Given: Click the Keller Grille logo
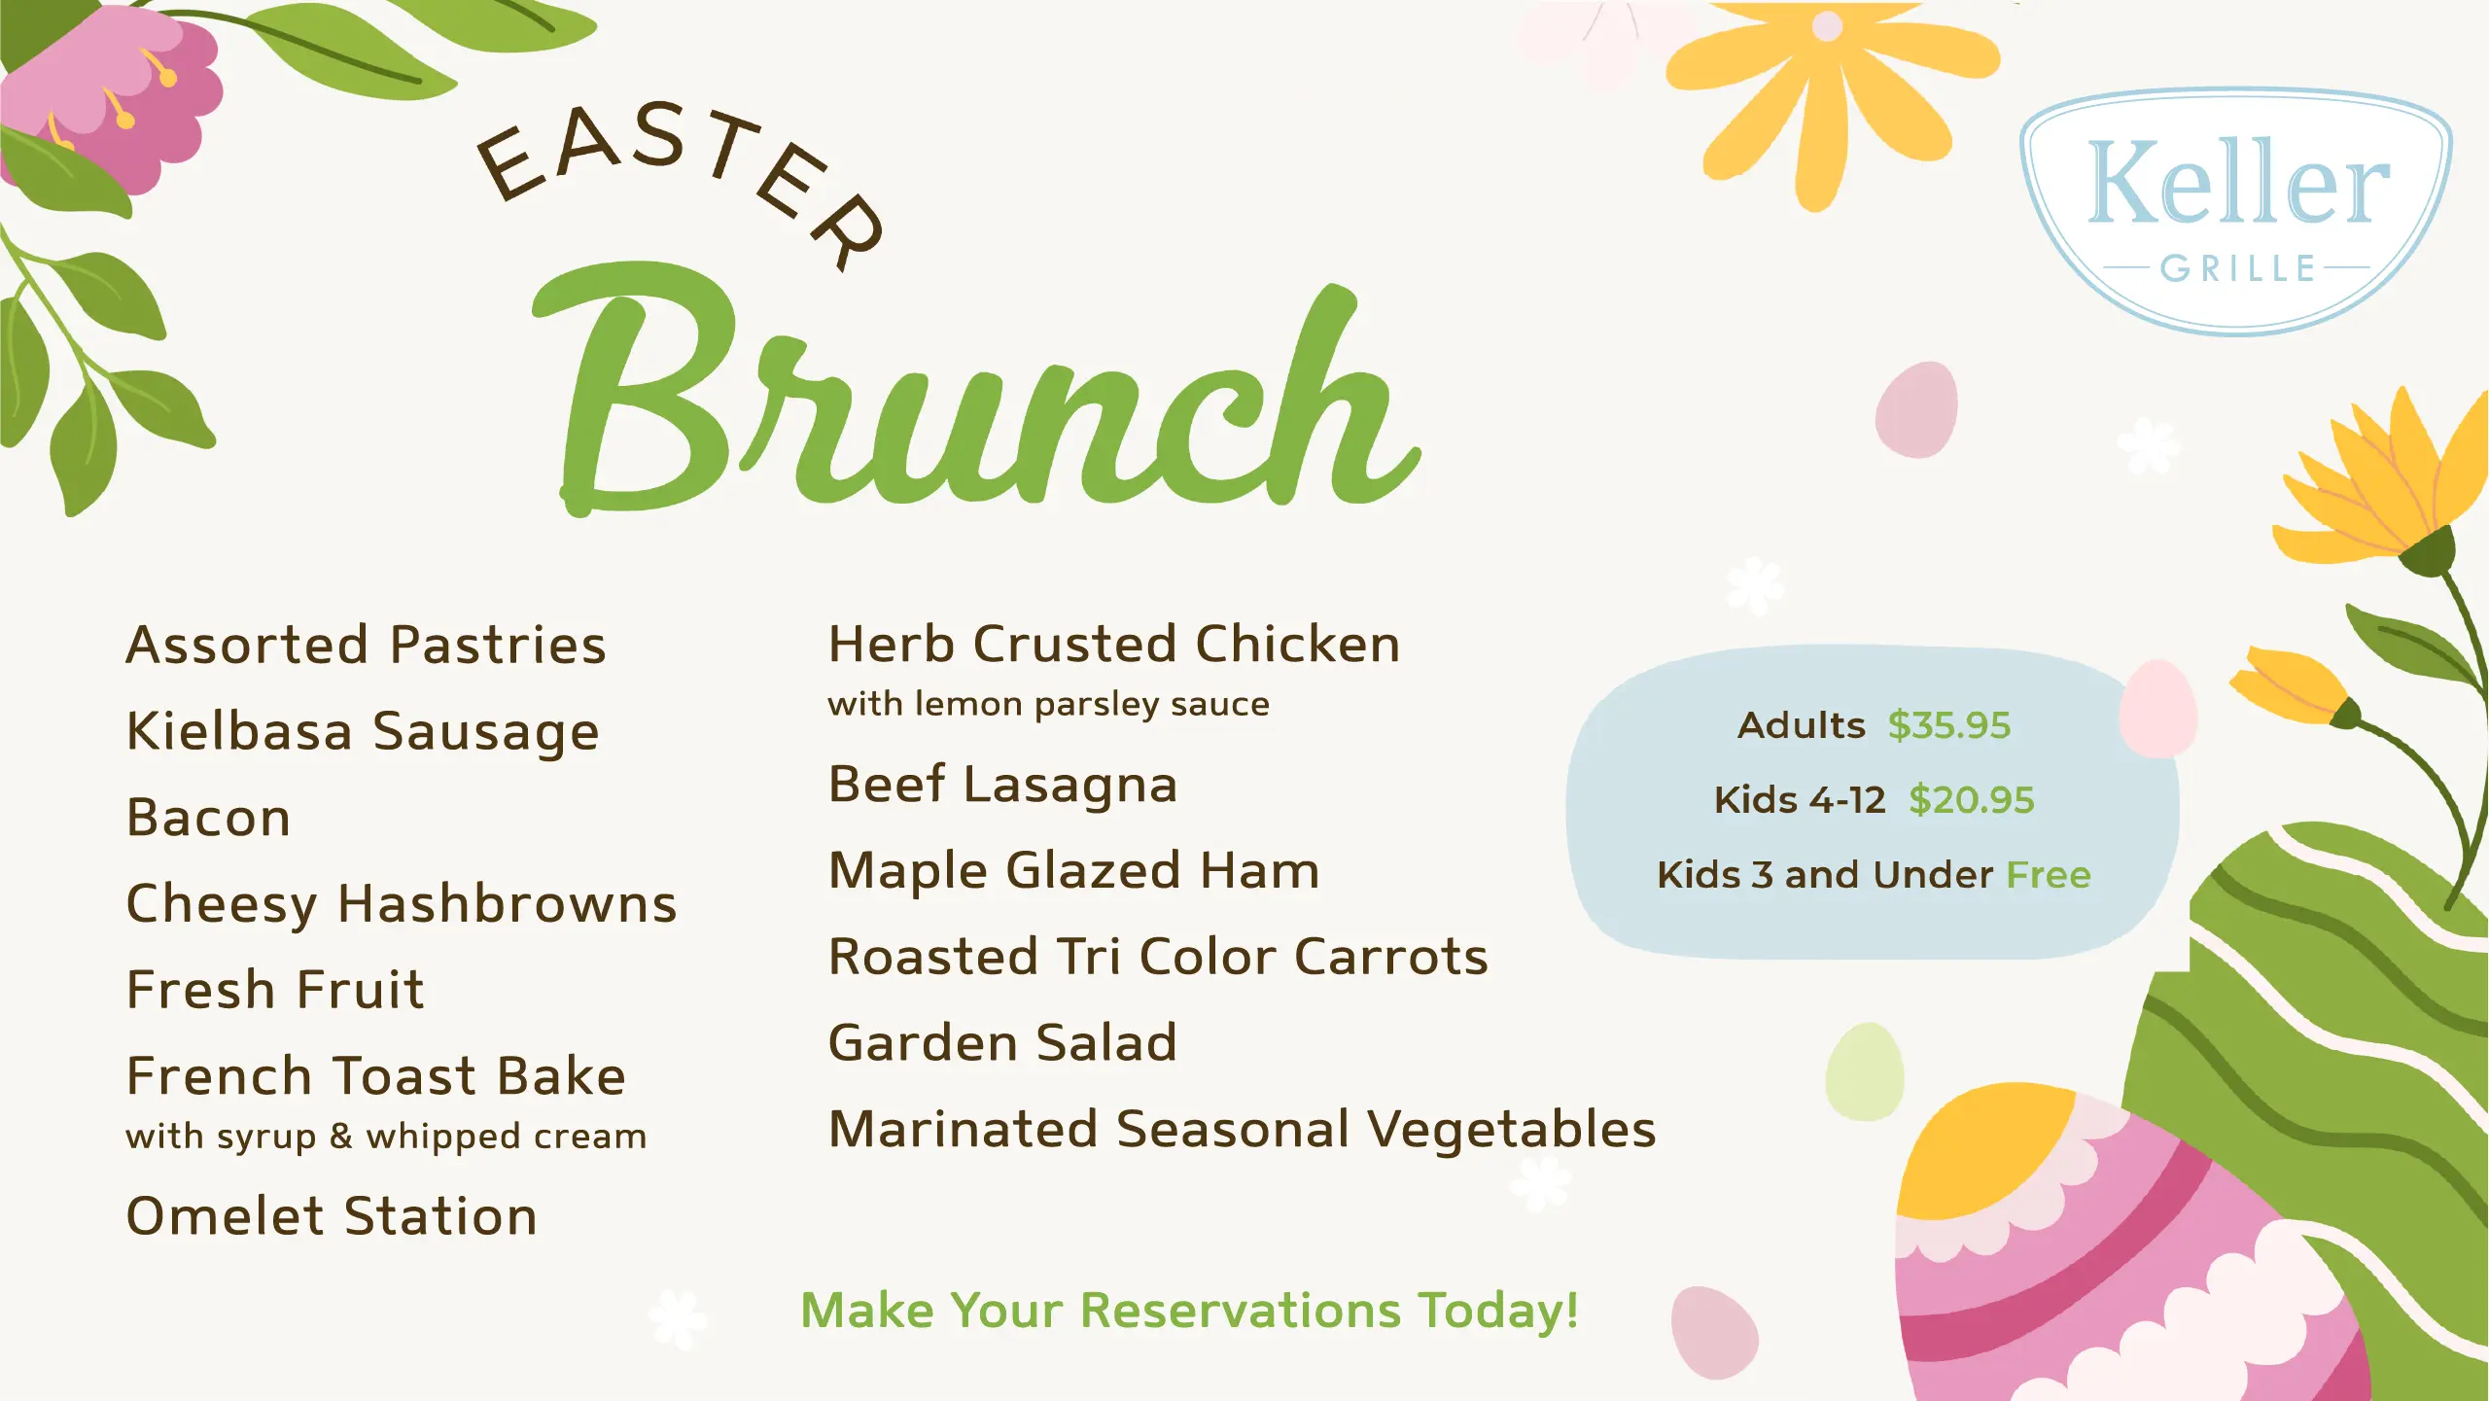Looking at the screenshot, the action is coord(2235,212).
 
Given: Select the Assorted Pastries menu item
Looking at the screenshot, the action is coord(367,645).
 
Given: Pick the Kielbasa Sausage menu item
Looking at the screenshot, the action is coord(363,731).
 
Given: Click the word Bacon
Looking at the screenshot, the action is coord(209,817).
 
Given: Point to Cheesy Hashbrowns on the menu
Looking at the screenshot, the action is coord(402,904).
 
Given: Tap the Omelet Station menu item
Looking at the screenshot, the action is coord(332,1216).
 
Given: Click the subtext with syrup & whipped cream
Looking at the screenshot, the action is coord(386,1137).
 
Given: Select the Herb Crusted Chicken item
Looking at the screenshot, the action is coord(1114,644).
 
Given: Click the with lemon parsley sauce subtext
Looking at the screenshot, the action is coord(1049,704).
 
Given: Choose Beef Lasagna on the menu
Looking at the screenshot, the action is coord(1002,785).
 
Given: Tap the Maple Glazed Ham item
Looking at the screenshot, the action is coord(1074,870).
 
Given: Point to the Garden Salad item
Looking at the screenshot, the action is coord(1002,1042).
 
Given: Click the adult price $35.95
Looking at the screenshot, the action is coord(1948,725).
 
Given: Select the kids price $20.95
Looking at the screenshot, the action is coord(1971,800).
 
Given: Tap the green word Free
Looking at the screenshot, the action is coord(2049,875).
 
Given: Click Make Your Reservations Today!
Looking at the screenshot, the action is coord(1189,1311).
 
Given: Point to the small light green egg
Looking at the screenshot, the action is coord(1865,1071).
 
